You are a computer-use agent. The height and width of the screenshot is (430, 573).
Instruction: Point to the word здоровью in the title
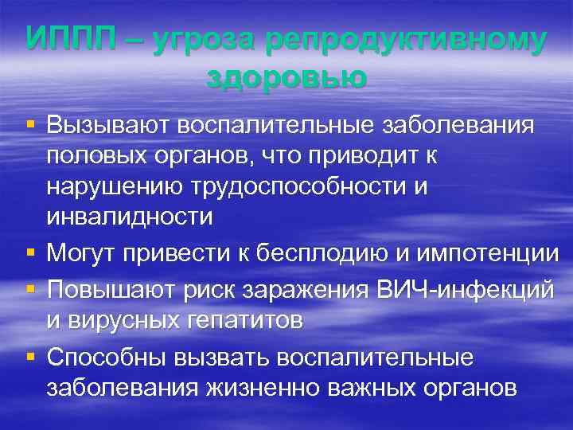pos(286,76)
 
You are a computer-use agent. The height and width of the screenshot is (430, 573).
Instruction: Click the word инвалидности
pos(130,217)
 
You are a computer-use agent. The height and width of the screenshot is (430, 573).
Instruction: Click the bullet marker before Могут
pos(30,253)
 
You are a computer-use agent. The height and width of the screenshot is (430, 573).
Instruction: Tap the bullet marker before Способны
pos(30,357)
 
